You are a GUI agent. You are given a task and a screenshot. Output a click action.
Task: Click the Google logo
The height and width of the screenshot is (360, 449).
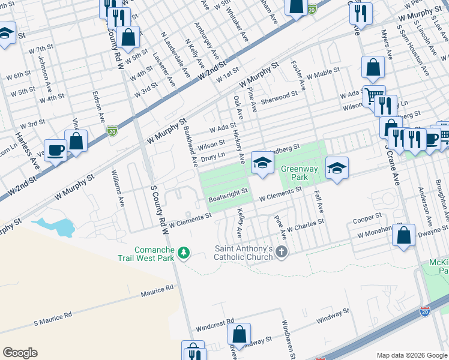[20, 353]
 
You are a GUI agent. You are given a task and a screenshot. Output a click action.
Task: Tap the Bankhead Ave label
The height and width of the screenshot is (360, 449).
[190, 146]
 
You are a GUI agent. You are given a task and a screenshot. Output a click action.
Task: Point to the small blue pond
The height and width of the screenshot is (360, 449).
[54, 227]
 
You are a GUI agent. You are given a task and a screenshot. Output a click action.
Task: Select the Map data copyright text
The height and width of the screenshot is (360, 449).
[411, 355]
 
